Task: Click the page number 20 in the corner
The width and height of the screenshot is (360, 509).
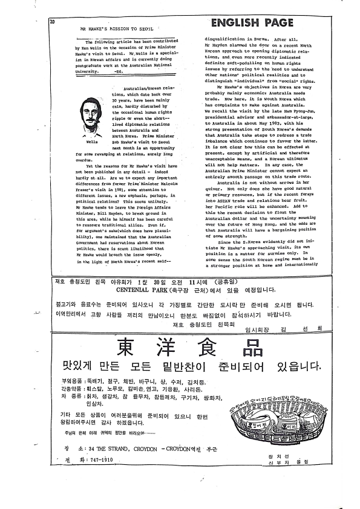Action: pyautogui.click(x=53, y=22)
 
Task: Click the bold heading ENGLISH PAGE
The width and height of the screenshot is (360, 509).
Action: pyautogui.click(x=252, y=24)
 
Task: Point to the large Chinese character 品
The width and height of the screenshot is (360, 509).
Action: pyautogui.click(x=249, y=346)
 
